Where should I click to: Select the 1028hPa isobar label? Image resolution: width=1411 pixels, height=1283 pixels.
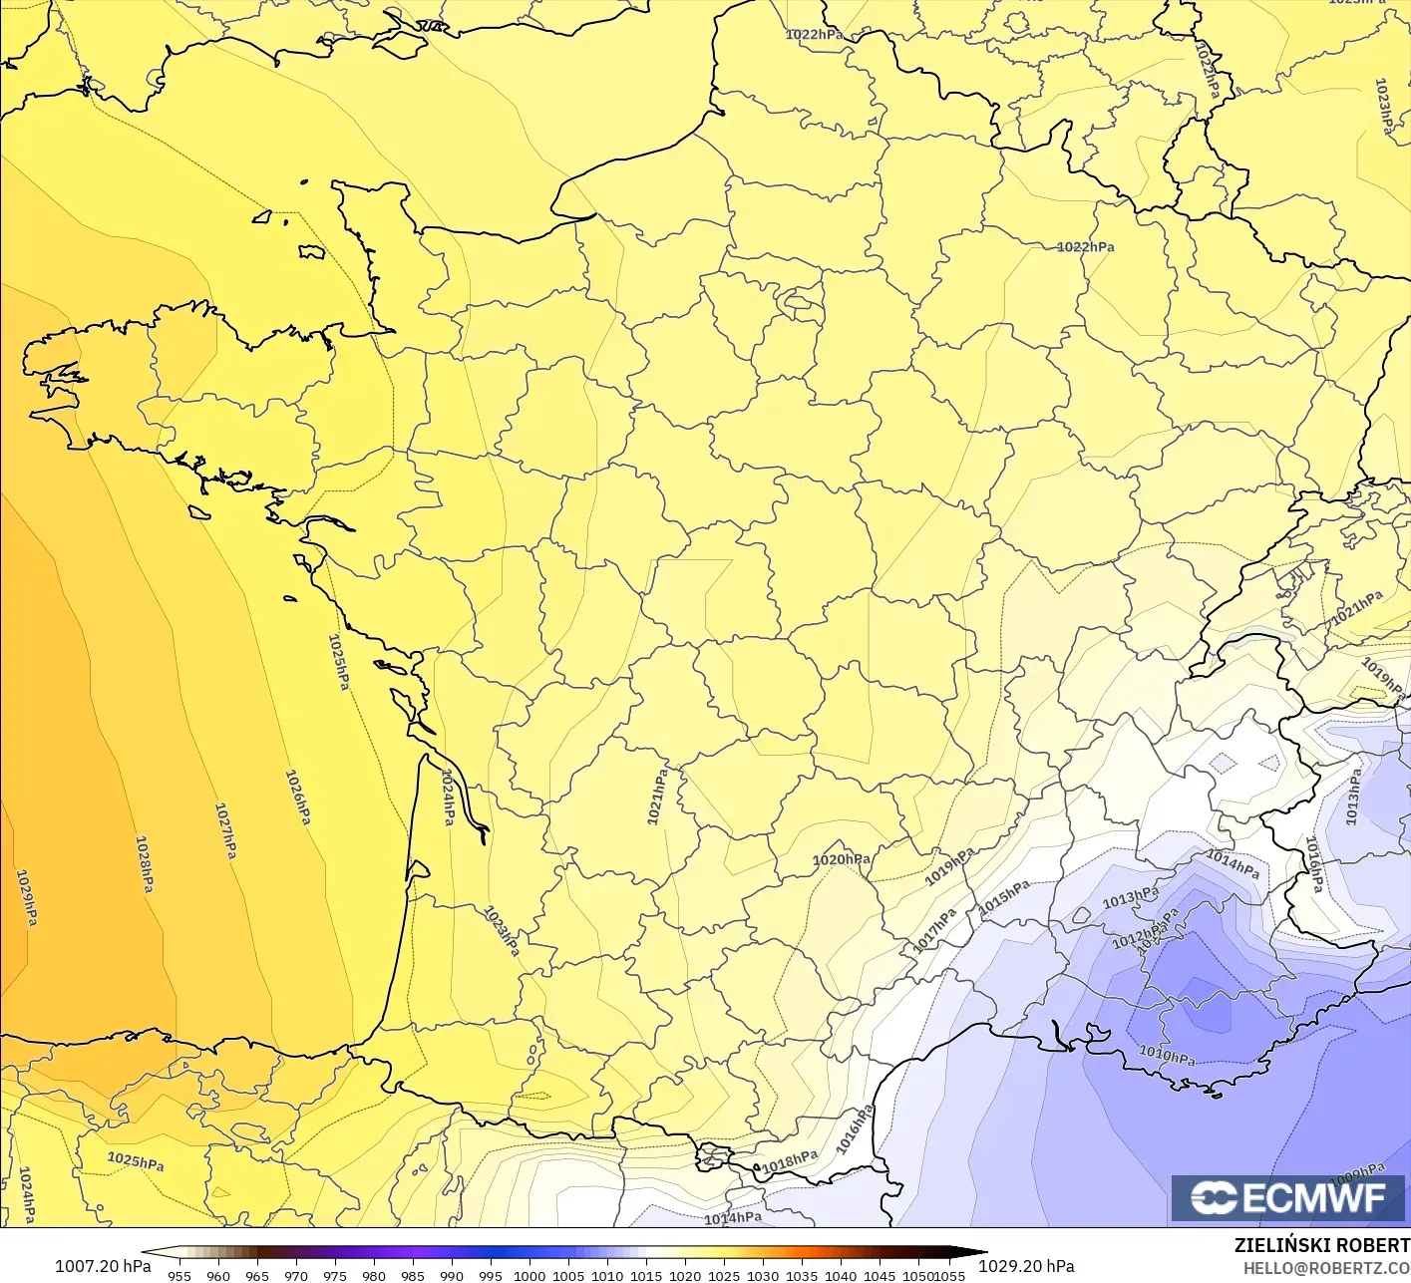pyautogui.click(x=146, y=863)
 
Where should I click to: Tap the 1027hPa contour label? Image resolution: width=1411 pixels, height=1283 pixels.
pyautogui.click(x=226, y=830)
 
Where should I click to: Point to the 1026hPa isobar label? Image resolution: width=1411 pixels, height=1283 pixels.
pyautogui.click(x=298, y=797)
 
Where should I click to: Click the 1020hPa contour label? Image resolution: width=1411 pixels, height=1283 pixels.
pyautogui.click(x=841, y=859)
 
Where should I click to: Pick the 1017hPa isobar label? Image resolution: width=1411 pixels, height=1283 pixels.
pyautogui.click(x=935, y=930)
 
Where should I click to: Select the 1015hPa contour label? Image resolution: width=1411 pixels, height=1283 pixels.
pyautogui.click(x=1004, y=897)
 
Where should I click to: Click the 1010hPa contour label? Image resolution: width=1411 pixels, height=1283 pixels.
pyautogui.click(x=1167, y=1055)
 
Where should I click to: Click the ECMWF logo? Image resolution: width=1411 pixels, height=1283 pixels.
pyautogui.click(x=1289, y=1197)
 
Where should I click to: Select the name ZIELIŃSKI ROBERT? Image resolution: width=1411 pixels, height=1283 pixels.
pyautogui.click(x=1321, y=1245)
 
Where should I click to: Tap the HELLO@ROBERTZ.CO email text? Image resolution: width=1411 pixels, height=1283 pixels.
pyautogui.click(x=1326, y=1266)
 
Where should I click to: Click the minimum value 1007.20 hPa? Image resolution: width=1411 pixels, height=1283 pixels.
pyautogui.click(x=103, y=1266)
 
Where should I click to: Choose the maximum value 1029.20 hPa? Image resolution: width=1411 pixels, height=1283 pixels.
pyautogui.click(x=1026, y=1266)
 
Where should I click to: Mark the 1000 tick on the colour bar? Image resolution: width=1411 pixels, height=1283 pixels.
pyautogui.click(x=529, y=1275)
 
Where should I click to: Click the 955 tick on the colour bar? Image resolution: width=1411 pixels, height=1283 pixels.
pyautogui.click(x=179, y=1275)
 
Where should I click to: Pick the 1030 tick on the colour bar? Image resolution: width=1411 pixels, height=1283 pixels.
pyautogui.click(x=763, y=1275)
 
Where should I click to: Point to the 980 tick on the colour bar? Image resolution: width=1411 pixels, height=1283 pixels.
pyautogui.click(x=374, y=1275)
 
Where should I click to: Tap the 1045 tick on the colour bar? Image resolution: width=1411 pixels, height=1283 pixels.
pyautogui.click(x=880, y=1275)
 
